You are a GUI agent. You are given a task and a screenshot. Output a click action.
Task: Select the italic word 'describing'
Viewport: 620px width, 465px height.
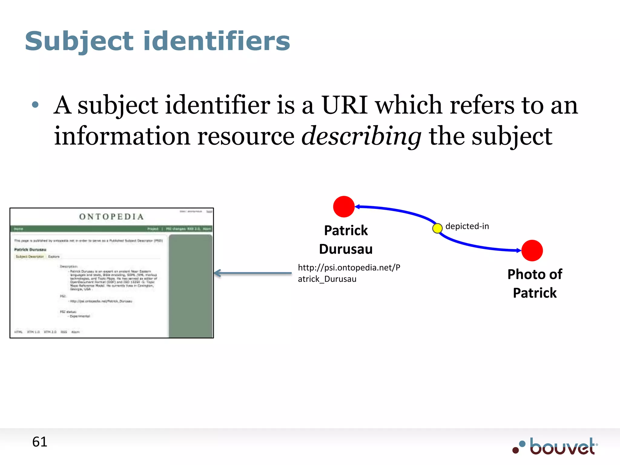361,136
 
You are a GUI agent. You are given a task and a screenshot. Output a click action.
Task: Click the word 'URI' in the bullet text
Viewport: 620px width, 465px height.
345,105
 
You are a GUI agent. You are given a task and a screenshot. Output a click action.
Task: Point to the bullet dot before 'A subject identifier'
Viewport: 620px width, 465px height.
35,105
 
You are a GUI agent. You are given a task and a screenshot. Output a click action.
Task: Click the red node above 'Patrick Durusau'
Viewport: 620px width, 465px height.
344,207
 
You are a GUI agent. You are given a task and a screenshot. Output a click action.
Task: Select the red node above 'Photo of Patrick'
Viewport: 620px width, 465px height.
532,251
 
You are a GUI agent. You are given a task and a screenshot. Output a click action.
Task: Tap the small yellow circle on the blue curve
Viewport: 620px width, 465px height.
437,228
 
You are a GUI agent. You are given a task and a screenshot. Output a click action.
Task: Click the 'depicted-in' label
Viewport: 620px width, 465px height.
467,226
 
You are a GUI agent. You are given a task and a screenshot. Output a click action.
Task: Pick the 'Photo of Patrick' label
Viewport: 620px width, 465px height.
535,284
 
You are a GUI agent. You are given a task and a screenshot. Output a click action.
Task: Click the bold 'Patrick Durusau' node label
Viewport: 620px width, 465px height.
346,240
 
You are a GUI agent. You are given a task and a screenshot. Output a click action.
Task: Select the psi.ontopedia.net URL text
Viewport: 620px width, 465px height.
349,273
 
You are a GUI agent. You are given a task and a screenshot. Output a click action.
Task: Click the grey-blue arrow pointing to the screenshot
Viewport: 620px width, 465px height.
253,273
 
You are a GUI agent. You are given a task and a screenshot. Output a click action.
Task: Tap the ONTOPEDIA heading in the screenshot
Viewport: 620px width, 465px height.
111,217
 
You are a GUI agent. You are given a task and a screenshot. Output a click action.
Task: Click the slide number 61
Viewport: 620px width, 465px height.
40,442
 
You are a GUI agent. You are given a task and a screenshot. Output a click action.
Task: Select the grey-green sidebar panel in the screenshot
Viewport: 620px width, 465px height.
190,286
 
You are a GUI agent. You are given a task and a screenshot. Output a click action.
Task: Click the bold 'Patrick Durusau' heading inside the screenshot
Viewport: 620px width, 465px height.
30,249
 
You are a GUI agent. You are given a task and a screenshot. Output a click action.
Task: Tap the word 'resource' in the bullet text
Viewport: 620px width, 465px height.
246,136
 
